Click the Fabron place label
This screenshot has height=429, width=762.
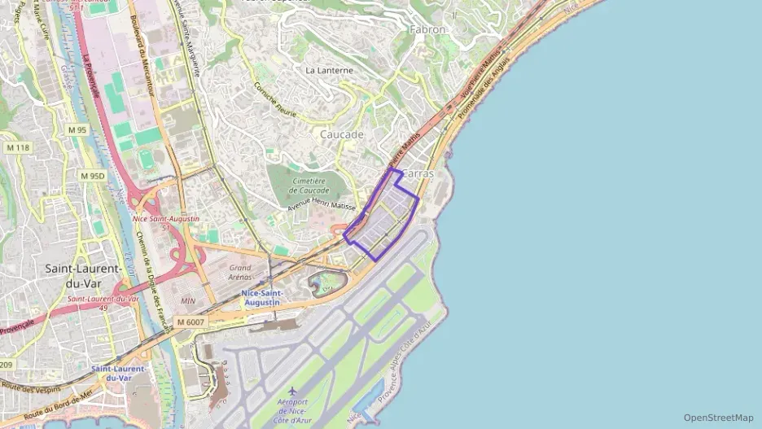click(x=428, y=29)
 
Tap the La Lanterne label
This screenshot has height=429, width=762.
click(x=329, y=70)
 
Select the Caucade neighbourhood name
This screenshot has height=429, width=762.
click(x=341, y=134)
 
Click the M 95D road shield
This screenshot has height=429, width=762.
click(x=92, y=176)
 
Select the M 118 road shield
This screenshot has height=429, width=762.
click(x=17, y=147)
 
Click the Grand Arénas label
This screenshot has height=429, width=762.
click(x=240, y=272)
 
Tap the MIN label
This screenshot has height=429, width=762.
click(x=188, y=301)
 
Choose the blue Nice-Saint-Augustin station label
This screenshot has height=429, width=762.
click(x=261, y=297)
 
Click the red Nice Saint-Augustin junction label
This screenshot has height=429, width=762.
click(x=165, y=219)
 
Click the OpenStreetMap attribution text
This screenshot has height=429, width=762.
click(x=718, y=418)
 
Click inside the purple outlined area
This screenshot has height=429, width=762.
click(x=383, y=216)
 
